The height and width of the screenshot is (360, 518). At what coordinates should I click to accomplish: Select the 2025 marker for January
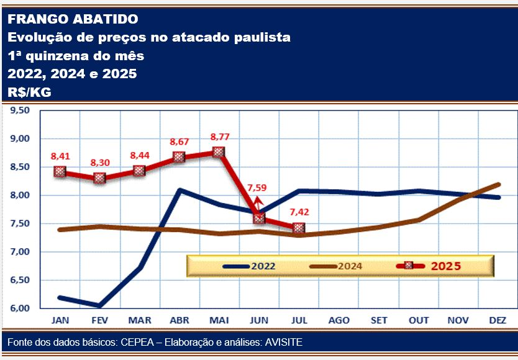point(60,171)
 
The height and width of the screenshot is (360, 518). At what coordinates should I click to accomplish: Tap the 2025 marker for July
point(299,228)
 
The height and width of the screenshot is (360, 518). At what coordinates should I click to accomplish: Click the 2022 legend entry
point(249,266)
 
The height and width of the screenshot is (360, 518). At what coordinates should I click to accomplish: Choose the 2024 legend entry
point(335,266)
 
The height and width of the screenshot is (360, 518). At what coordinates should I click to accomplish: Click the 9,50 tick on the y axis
point(20,110)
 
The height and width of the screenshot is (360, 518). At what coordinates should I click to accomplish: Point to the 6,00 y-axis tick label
point(20,308)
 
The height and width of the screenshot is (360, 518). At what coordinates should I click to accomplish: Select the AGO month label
point(339,320)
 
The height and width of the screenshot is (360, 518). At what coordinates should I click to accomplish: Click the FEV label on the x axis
point(99,320)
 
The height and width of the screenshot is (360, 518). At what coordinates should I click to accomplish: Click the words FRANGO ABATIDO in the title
point(73,19)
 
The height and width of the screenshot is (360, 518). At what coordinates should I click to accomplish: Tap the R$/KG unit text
point(29,92)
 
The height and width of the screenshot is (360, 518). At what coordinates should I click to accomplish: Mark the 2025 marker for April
point(179,156)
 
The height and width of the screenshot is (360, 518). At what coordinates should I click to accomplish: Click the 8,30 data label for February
point(100,163)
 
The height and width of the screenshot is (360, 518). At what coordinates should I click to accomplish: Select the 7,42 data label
point(299,212)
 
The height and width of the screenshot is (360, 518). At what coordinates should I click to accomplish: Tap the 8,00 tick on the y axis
point(20,196)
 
